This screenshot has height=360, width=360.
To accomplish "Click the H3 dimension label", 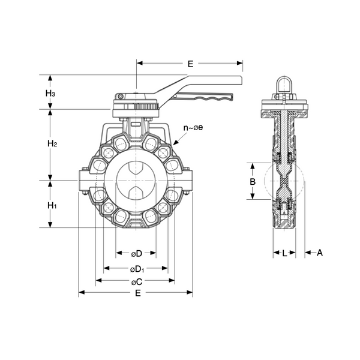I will coord(51,94).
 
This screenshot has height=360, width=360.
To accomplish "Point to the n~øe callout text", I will coord(193,128).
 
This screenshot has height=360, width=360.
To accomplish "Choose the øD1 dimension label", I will coord(137,268).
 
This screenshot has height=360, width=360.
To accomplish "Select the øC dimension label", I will coord(136,281).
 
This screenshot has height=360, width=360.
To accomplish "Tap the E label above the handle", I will coord(190,63).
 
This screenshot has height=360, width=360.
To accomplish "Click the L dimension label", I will coord(284,253).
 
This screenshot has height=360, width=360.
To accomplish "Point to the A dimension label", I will coord(320,253).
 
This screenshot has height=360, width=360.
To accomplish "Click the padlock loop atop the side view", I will coord(284,84).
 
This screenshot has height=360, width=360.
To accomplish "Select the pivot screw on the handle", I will coord(121,97).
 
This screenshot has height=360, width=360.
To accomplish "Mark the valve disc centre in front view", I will coord(136,180).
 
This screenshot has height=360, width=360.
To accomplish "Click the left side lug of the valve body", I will coord(84,181).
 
